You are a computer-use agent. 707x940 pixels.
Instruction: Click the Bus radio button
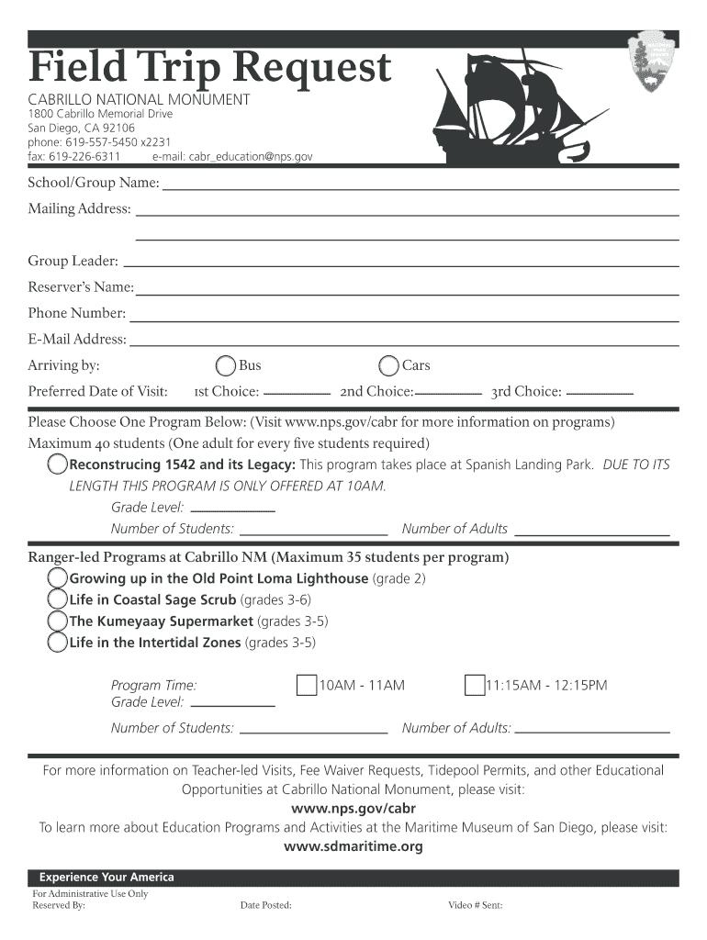[226, 366]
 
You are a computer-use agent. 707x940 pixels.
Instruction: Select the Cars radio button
[389, 366]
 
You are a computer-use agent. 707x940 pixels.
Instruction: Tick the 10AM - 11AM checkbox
[307, 686]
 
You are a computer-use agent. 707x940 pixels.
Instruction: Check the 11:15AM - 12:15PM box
[475, 686]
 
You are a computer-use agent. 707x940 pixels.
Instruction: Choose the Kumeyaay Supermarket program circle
[58, 621]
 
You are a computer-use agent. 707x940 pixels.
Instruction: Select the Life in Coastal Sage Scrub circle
[58, 599]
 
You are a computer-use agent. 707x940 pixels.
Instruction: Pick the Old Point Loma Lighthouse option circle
[58, 578]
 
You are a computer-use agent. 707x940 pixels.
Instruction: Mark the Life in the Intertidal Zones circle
[58, 642]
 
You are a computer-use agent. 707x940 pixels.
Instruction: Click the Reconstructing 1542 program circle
[58, 464]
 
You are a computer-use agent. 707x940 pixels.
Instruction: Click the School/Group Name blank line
[421, 187]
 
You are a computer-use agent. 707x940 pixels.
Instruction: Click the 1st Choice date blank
[297, 393]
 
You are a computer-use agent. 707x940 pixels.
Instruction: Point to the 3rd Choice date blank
[600, 393]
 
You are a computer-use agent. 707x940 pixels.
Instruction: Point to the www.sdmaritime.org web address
[353, 846]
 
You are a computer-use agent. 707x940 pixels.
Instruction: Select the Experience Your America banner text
[107, 878]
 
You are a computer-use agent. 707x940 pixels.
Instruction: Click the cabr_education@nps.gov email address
[251, 157]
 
